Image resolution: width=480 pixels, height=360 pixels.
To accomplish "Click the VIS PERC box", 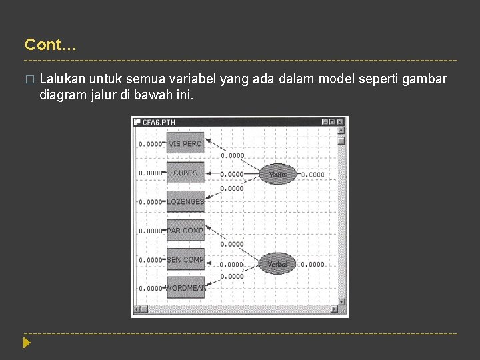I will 185,144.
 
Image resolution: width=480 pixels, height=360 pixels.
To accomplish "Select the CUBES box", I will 185,173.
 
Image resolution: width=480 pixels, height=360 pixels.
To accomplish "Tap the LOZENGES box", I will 185,201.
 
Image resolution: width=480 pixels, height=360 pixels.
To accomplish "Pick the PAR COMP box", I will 185,230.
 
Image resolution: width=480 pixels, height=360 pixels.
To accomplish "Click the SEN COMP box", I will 185,259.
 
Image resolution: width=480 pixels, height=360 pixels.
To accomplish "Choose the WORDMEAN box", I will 185,288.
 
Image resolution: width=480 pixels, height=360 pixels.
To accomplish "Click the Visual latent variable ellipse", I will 277,174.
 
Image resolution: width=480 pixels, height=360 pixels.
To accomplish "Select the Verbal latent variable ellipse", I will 277,264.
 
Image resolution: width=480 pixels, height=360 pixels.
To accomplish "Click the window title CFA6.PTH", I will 159,122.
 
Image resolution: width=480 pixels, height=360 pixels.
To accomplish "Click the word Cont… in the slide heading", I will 51,45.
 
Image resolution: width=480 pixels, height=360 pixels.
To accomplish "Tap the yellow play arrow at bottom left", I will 27,343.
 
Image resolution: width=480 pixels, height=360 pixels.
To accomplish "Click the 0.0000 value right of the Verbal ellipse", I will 312,265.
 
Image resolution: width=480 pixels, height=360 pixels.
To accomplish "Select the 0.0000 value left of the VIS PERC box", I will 150,144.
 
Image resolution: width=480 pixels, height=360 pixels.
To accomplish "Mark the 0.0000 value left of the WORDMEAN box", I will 150,288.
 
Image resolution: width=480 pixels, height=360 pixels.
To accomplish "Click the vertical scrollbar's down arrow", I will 341,301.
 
